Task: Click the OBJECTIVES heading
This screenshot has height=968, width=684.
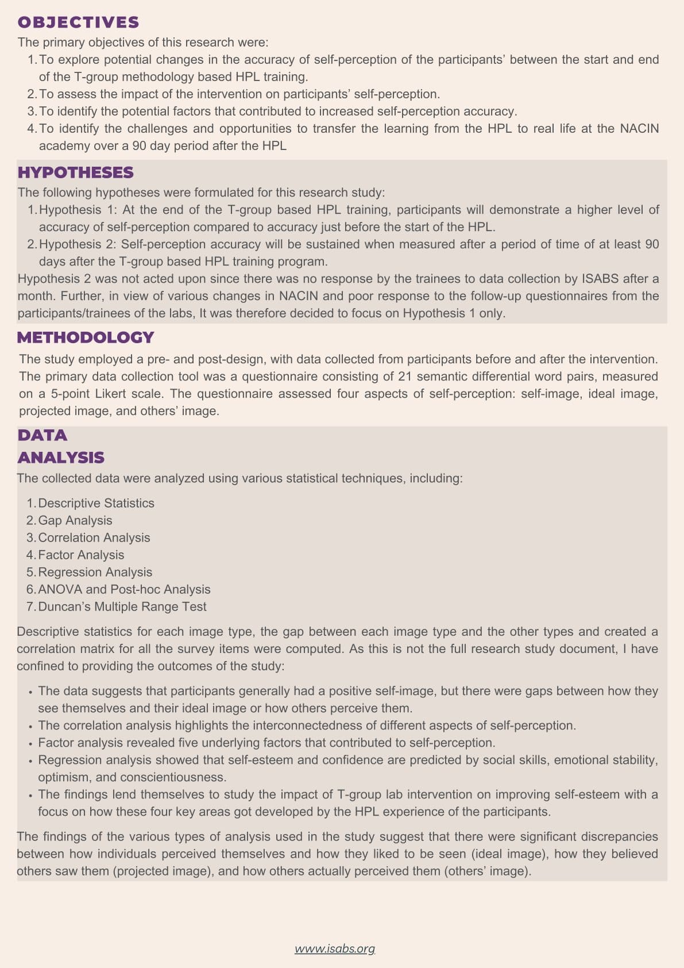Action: tap(78, 22)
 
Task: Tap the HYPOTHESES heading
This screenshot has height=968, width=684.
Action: tap(75, 172)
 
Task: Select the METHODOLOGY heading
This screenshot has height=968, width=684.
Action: tap(86, 337)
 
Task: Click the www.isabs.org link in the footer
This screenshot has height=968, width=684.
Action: tap(334, 948)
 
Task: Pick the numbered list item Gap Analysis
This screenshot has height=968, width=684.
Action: tap(75, 520)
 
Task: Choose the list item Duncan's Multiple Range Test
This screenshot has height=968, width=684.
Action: tap(122, 606)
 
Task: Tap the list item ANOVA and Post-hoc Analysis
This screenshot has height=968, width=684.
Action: tap(124, 589)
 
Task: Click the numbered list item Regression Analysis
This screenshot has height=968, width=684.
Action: tap(95, 572)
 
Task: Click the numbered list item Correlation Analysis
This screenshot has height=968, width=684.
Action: tap(94, 537)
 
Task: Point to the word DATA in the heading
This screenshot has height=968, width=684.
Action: tap(42, 435)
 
